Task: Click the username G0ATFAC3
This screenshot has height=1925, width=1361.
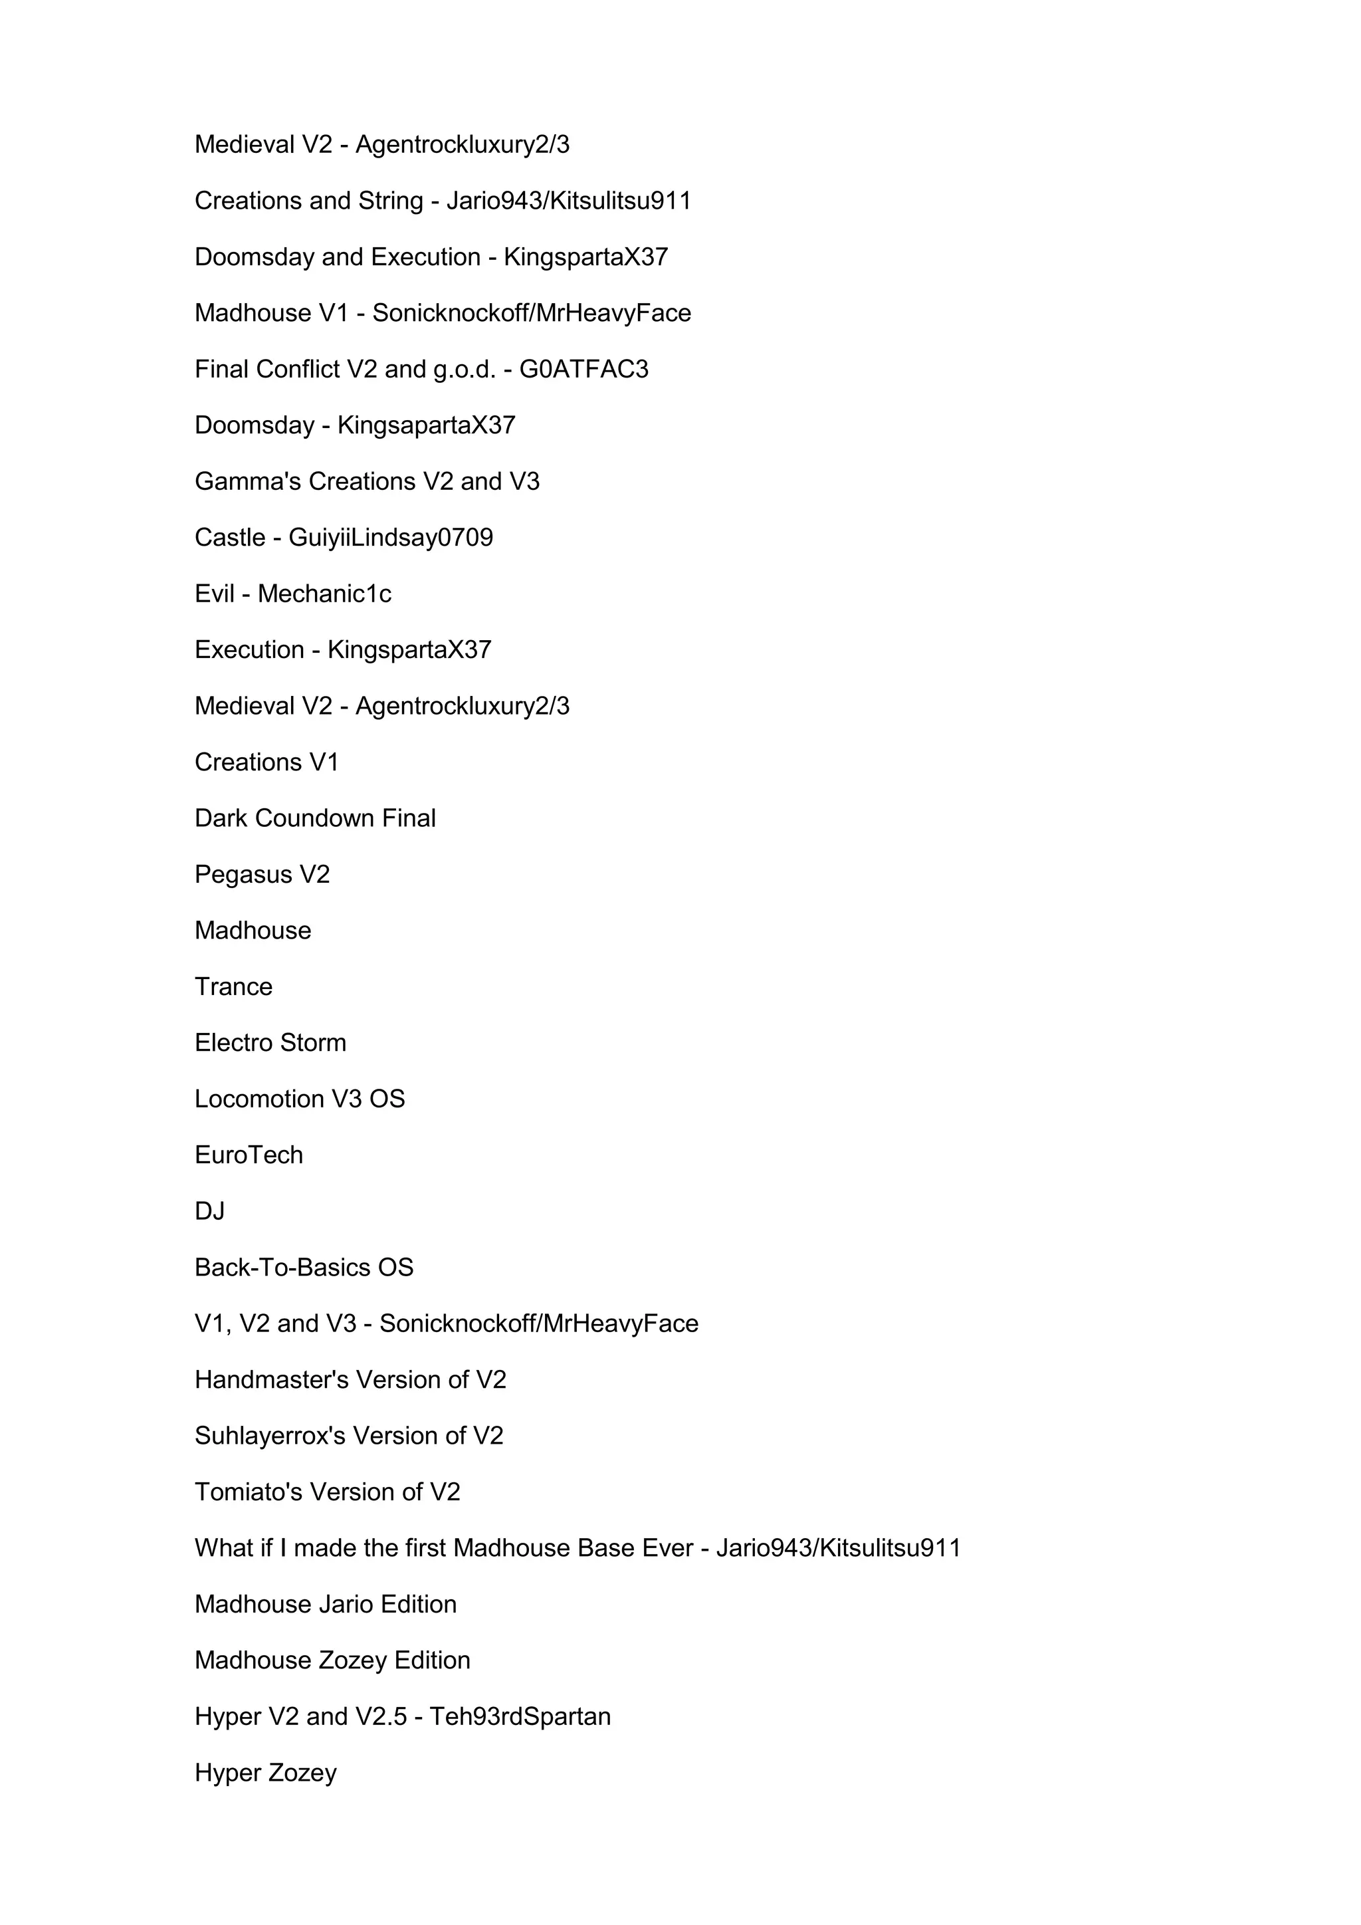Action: pos(583,369)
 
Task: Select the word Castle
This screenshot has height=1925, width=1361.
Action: pos(230,538)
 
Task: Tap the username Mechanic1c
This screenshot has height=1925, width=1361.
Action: pos(324,594)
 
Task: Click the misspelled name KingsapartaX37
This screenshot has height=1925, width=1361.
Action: pos(426,425)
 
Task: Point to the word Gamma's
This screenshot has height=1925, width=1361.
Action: pos(248,481)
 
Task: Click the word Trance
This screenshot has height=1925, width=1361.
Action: pos(233,987)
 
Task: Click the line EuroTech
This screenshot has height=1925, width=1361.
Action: pos(249,1155)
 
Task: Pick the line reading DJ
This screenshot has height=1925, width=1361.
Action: pos(209,1212)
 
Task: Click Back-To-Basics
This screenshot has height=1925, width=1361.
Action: pos(282,1268)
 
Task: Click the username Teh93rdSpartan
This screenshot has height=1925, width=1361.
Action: pos(520,1717)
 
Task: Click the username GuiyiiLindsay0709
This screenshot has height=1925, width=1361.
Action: pos(391,538)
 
